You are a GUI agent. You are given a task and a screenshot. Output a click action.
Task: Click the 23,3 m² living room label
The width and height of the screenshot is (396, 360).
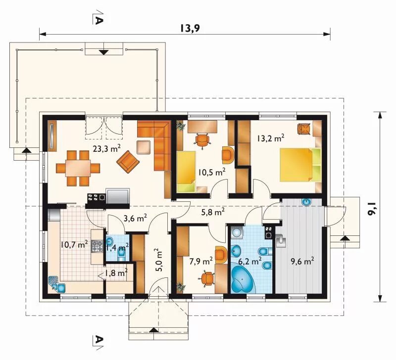tap(106, 148)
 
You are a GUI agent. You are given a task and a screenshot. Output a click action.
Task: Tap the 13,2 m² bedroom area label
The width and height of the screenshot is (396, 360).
tap(271, 138)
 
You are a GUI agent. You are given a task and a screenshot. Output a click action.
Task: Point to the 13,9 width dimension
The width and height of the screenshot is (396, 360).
tap(190, 28)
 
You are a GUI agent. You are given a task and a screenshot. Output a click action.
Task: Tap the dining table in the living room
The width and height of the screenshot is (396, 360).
tap(78, 168)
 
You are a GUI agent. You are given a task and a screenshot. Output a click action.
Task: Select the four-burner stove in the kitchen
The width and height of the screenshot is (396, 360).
tap(97, 246)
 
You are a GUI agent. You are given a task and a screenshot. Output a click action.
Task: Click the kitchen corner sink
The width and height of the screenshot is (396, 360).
tap(56, 284)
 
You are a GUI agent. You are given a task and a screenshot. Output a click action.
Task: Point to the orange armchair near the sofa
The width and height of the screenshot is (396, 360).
tap(128, 162)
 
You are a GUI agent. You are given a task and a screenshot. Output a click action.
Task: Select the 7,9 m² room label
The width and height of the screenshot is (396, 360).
tap(201, 262)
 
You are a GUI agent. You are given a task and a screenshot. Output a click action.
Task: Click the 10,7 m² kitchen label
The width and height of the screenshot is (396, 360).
tap(74, 244)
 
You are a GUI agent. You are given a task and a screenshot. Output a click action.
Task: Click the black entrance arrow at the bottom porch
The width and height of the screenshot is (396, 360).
tap(153, 330)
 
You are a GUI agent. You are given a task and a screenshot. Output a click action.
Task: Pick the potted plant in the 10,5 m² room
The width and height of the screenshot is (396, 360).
tap(180, 126)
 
